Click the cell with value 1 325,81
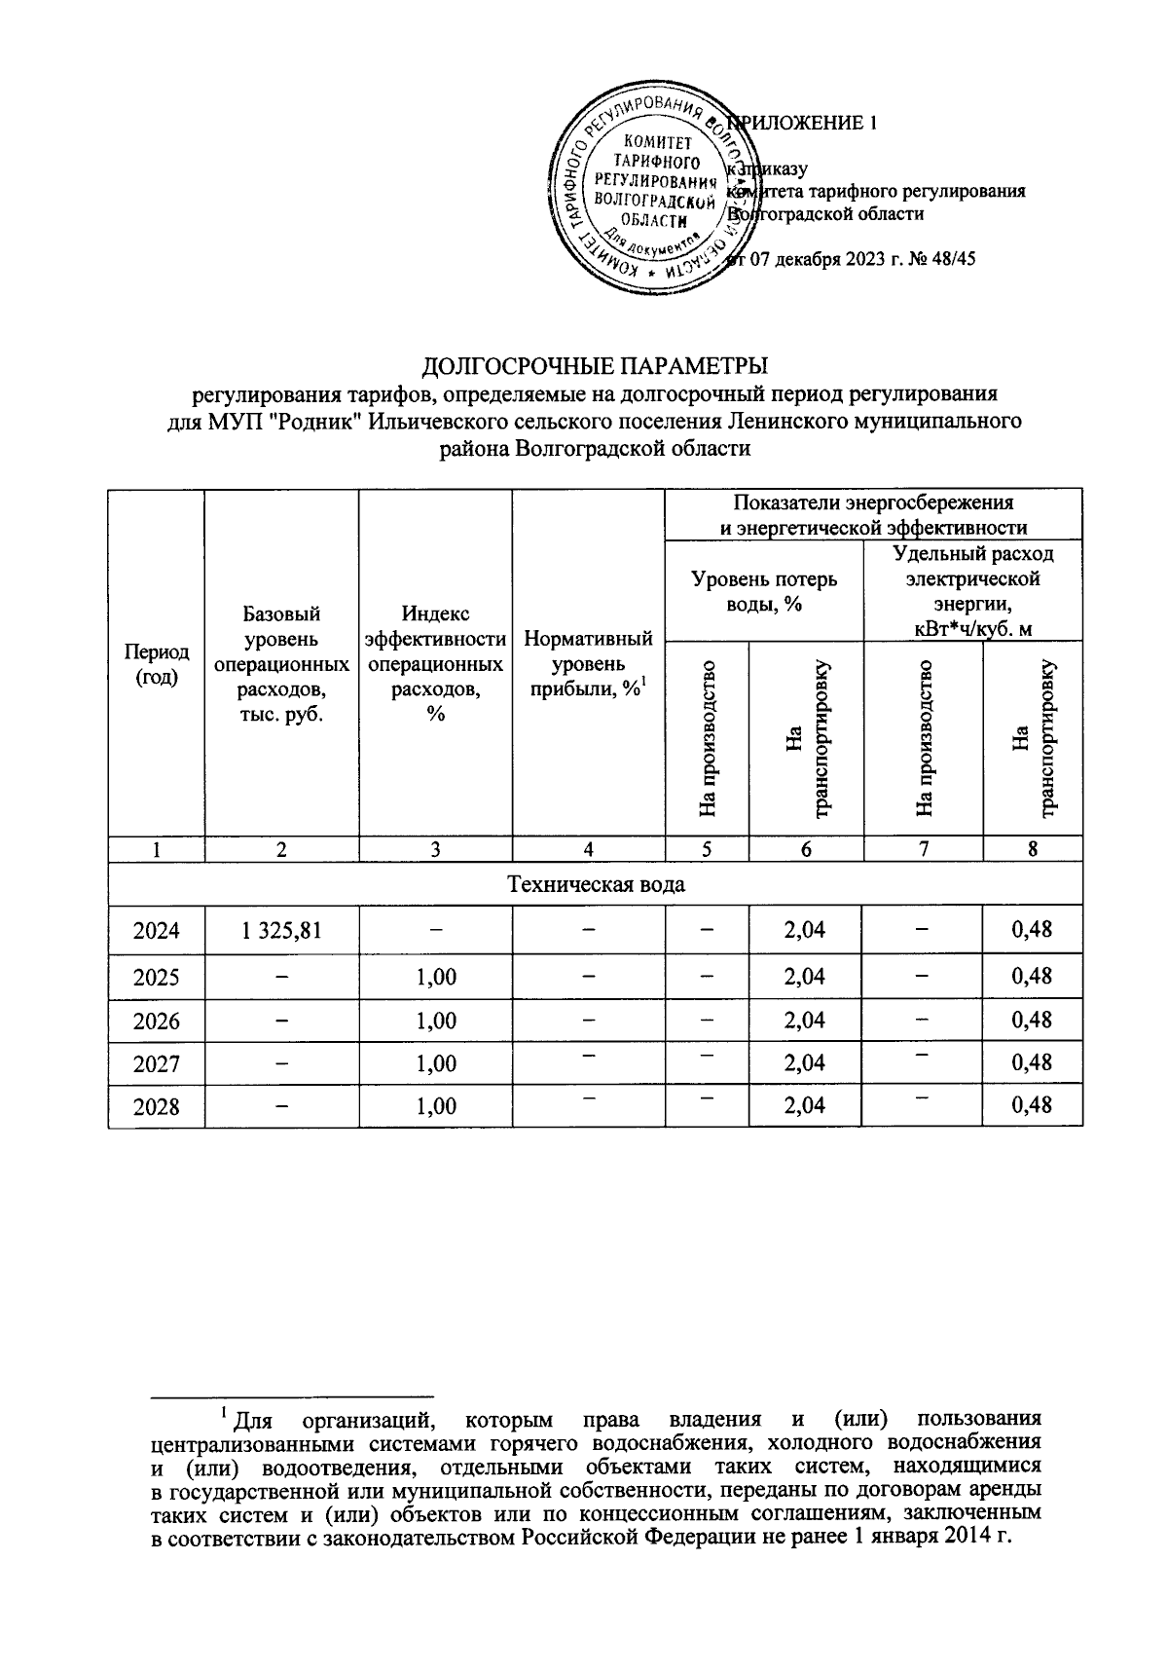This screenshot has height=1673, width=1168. (x=281, y=930)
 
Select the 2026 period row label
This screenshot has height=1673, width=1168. (x=157, y=1020)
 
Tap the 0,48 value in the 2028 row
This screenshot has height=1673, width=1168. (x=1032, y=1105)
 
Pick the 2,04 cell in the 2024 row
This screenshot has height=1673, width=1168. (x=805, y=930)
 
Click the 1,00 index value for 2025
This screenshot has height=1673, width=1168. (x=435, y=976)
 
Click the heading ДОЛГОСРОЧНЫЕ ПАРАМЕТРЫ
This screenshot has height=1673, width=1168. (x=595, y=366)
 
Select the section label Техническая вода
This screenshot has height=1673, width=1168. (x=595, y=884)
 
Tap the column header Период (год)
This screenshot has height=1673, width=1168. (x=157, y=664)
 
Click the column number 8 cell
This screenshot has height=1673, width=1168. (x=1032, y=849)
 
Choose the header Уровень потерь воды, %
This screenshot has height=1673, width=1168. (x=764, y=591)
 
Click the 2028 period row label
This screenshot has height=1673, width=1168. (x=157, y=1106)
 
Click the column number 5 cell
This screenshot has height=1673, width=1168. (x=707, y=849)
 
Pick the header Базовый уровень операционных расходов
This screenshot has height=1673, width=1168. (x=281, y=664)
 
